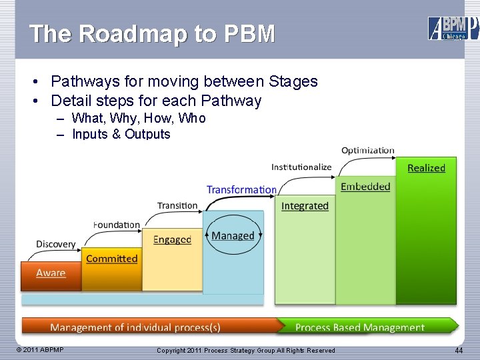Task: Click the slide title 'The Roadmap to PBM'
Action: pos(152,34)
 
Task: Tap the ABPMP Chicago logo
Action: pos(453,28)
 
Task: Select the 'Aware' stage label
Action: pos(51,273)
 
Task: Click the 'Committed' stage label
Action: pos(112,259)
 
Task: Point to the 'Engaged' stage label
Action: pos(172,239)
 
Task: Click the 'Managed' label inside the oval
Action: pos(233,235)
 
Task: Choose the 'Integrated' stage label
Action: pos(305,206)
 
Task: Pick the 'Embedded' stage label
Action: pos(365,187)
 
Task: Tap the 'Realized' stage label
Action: pos(426,168)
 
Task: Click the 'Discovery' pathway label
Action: pos(55,244)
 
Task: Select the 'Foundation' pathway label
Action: pos(117,225)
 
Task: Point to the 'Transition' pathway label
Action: pos(177,205)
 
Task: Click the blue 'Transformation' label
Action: pos(241,189)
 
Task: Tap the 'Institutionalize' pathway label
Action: pos(301,167)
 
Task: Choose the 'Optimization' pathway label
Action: pos(368,151)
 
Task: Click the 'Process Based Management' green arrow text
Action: pos(359,327)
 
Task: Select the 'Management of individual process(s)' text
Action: pos(135,327)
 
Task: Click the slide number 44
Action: pos(459,351)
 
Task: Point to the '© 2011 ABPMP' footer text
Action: pos(41,350)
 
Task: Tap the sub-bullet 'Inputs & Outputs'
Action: pos(121,134)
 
